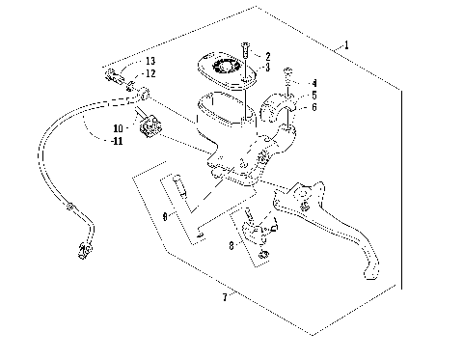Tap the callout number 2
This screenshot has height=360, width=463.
[267, 57]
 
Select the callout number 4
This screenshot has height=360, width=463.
[313, 84]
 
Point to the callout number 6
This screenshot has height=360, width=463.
[313, 108]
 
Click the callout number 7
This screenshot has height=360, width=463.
[226, 298]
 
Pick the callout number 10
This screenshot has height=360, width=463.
[119, 127]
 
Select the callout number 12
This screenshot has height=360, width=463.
[150, 73]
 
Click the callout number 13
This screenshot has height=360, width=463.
[150, 62]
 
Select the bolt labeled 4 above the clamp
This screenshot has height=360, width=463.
[287, 75]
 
